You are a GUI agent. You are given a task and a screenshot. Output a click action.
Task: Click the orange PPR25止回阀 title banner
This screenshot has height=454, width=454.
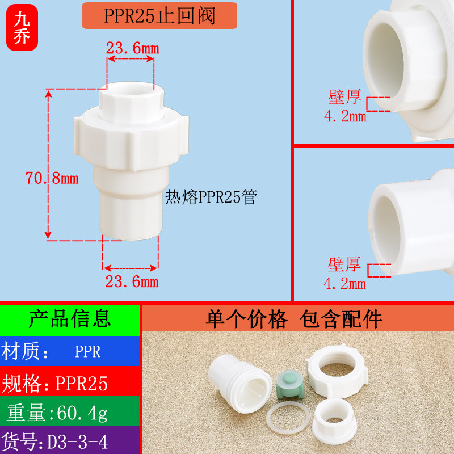[159, 16]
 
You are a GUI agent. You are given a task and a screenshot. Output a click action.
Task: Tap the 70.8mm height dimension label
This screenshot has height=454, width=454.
[52, 178]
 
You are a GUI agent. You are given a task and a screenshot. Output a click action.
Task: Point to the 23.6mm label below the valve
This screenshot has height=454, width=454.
[132, 281]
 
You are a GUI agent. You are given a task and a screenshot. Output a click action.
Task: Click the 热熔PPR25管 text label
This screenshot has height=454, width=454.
[211, 197]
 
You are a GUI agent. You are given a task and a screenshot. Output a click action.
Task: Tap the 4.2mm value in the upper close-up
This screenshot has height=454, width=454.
[344, 117]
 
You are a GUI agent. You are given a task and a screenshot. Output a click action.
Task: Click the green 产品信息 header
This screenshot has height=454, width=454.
[69, 319]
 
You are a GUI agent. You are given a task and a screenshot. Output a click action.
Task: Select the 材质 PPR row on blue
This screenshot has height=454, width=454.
[69, 351]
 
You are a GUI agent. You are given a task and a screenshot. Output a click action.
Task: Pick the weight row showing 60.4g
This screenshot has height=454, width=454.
[69, 413]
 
